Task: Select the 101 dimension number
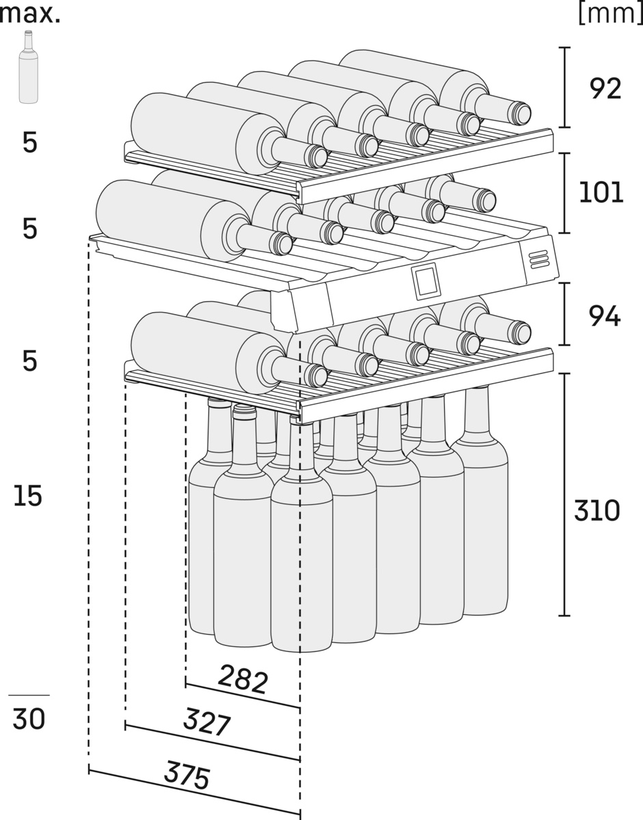[601, 193]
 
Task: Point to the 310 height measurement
[597, 510]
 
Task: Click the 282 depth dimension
[243, 679]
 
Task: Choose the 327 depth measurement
[207, 722]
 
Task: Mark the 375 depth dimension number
[187, 775]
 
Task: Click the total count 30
[29, 719]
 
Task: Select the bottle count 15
[28, 497]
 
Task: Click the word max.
[30, 14]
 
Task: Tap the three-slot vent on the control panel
[538, 258]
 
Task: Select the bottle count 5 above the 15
[29, 361]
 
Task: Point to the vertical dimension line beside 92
[564, 87]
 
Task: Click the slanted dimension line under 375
[195, 793]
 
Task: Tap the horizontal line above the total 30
[29, 695]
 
